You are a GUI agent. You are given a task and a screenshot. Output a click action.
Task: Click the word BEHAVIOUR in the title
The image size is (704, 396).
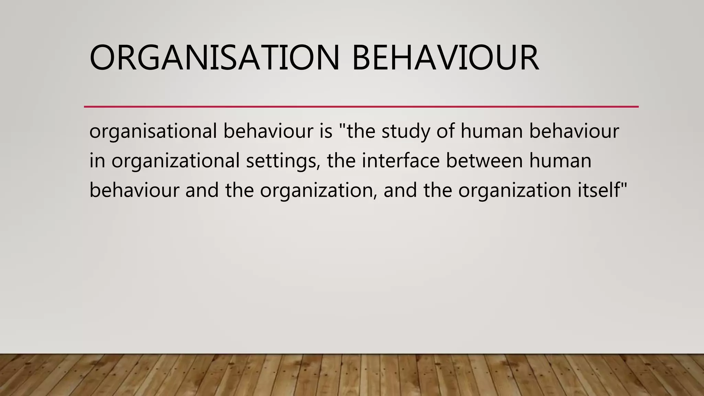coord(445,57)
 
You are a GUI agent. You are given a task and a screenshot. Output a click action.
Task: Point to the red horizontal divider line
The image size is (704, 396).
coord(361,107)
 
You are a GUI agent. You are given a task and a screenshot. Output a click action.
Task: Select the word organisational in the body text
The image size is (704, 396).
coord(153,131)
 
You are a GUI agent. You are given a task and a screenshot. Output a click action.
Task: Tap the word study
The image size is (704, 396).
coord(406,131)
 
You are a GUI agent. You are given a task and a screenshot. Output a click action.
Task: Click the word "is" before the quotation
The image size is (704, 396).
coord(326,131)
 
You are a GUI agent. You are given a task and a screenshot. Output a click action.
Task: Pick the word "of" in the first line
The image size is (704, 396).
coord(445,131)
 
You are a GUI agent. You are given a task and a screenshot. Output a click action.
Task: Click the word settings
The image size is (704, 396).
coord(282,161)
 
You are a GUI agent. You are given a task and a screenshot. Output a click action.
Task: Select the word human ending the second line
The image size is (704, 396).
coord(560,161)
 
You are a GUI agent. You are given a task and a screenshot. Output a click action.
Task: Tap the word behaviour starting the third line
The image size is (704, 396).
coord(134,190)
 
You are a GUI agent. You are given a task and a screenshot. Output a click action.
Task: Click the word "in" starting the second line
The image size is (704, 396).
coord(97,161)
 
